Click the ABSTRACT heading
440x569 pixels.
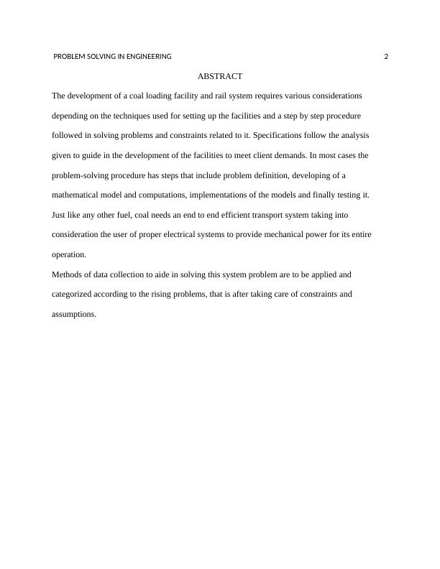tap(219, 76)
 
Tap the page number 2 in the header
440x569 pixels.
tap(386, 57)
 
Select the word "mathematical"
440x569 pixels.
tap(77, 195)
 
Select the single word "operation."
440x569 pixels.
tap(69, 255)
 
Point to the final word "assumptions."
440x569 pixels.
tap(74, 314)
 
